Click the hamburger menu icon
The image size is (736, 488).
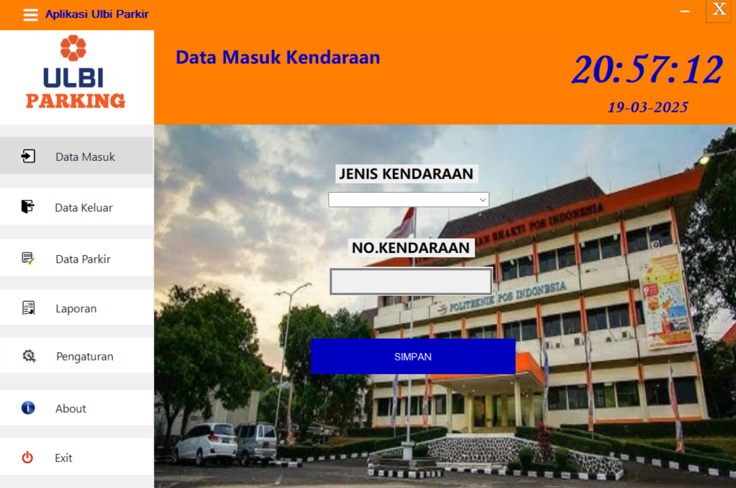coord(30,15)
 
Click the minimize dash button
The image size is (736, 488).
coord(685,12)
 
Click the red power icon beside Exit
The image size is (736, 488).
coord(28,457)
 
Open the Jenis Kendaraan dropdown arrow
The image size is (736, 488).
coord(482,200)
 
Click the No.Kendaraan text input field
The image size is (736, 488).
coord(411,281)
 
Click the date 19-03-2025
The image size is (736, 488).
coord(648,107)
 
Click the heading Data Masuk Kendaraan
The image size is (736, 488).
coord(278,58)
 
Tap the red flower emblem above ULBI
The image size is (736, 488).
coord(73,48)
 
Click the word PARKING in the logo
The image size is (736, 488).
coord(75,101)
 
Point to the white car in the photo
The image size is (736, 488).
coord(205,443)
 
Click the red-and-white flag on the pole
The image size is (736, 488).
coord(403,223)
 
